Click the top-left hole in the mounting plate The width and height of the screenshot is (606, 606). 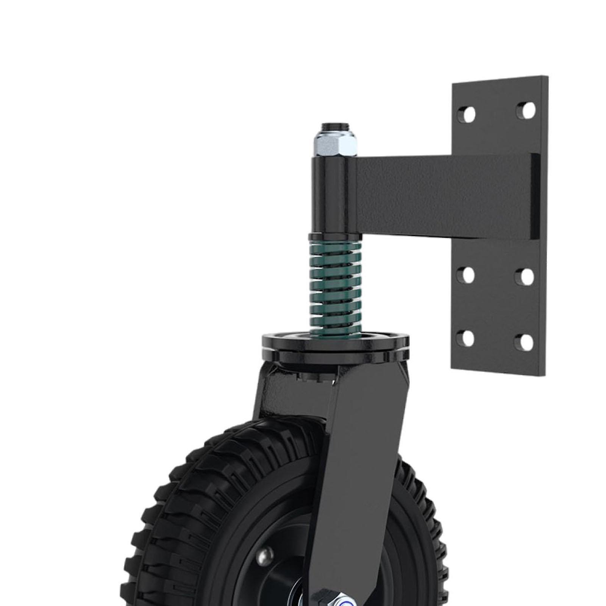pos(469,113)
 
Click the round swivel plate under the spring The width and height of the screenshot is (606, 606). pos(335,345)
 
